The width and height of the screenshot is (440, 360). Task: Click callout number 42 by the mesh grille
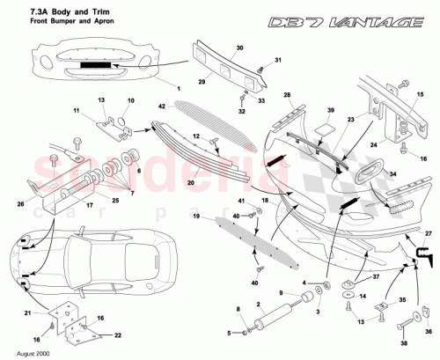point(161,106)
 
